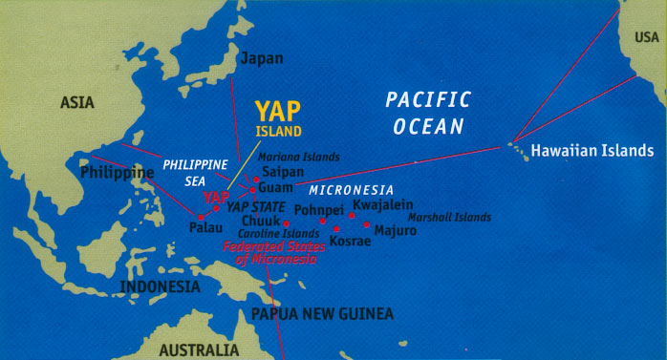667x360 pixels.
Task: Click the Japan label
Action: (x=261, y=58)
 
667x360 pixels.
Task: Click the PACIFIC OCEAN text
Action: (x=427, y=112)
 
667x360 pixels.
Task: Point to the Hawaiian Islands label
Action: (x=592, y=151)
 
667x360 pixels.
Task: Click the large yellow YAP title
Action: (x=277, y=112)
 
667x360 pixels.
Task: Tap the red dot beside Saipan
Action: (x=256, y=179)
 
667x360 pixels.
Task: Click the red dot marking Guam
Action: (x=253, y=190)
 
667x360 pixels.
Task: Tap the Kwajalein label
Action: (x=382, y=204)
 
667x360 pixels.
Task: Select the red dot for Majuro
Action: (x=367, y=225)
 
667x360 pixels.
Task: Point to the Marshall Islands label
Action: (x=449, y=217)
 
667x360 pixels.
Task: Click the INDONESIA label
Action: (x=161, y=286)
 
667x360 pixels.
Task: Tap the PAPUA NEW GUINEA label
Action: (x=322, y=313)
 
